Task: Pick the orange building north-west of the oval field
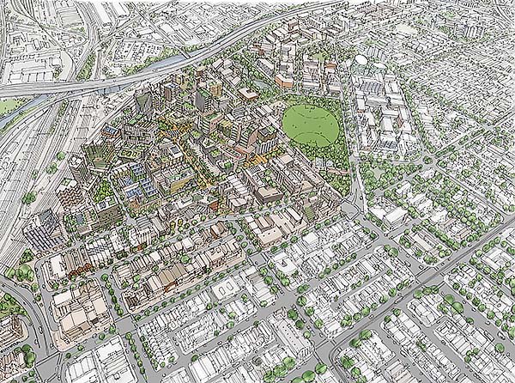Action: pyautogui.click(x=284, y=81)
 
